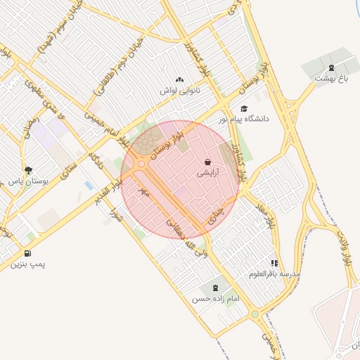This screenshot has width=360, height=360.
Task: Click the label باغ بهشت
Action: (x=332, y=79)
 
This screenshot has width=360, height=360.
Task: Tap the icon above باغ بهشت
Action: (x=331, y=67)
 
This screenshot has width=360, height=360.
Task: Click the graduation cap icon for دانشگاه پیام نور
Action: (x=244, y=108)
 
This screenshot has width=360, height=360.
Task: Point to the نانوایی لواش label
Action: (x=179, y=91)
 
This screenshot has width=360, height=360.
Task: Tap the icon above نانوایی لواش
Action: (x=179, y=80)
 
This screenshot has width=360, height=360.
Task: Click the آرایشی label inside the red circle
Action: (x=207, y=171)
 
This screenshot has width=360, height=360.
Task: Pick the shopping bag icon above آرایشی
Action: (x=207, y=161)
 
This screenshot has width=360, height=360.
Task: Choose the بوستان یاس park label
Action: (x=29, y=181)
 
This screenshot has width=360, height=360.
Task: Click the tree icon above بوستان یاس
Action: (x=28, y=170)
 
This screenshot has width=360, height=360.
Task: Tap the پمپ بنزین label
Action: (x=27, y=264)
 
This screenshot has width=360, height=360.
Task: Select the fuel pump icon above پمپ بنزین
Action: (x=27, y=253)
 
